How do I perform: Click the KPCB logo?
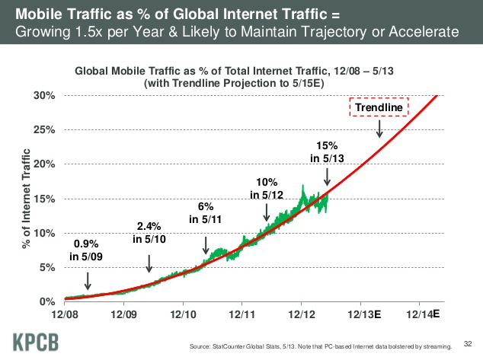[35, 339]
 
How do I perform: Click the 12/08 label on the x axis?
[65, 314]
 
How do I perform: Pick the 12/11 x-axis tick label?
[241, 314]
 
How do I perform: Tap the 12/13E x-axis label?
[364, 314]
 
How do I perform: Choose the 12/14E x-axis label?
[424, 314]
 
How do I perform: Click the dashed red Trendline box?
[379, 108]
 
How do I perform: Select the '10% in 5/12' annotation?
[267, 188]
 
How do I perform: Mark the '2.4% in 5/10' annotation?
[149, 234]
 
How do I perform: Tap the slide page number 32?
[468, 333]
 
